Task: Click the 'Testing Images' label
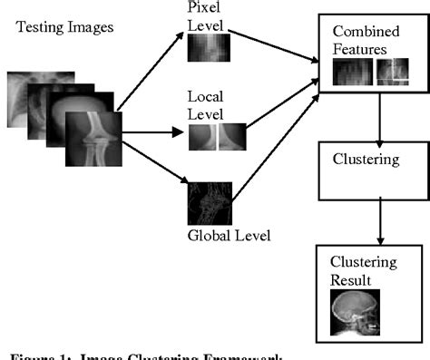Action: pyautogui.click(x=64, y=26)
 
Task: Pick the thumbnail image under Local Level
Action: pyautogui.click(x=216, y=136)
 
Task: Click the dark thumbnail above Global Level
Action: pyautogui.click(x=210, y=205)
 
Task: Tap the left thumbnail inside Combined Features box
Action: pyautogui.click(x=353, y=73)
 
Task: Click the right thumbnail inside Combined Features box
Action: pyautogui.click(x=394, y=73)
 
